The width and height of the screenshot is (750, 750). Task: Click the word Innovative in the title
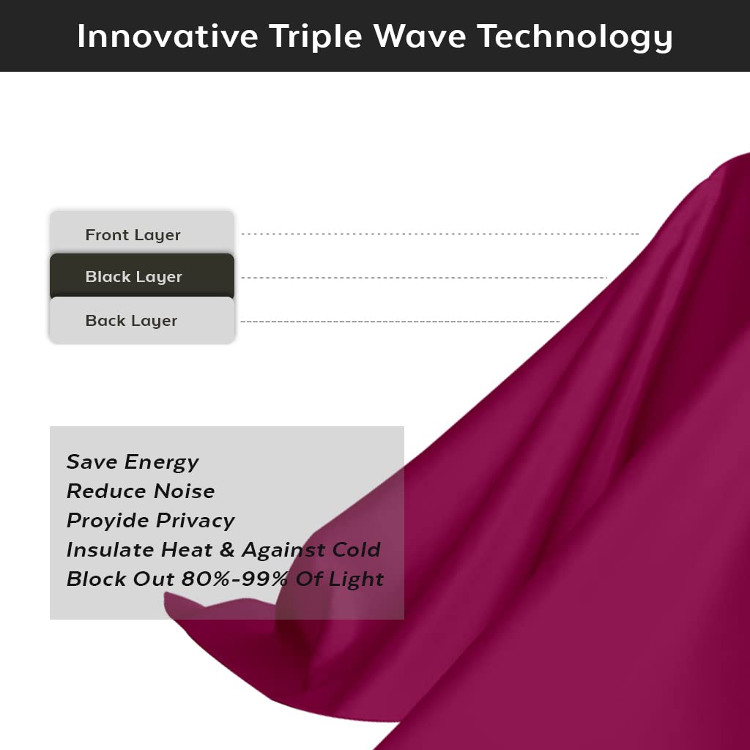click(168, 37)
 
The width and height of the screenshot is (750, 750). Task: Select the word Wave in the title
click(420, 37)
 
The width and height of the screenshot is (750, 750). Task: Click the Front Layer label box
click(142, 233)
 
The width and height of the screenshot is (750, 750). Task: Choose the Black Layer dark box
click(142, 276)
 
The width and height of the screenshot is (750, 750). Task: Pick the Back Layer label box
click(142, 319)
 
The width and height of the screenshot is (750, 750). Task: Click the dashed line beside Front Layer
click(440, 234)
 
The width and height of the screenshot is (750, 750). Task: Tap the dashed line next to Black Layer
click(424, 278)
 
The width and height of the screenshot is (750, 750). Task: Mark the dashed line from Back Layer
click(400, 322)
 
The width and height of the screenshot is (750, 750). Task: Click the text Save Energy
click(133, 463)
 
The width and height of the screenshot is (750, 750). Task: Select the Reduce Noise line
click(141, 491)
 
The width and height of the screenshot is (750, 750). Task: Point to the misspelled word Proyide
click(108, 521)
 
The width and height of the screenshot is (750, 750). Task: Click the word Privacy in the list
click(196, 521)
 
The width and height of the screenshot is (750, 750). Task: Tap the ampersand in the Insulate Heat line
click(227, 550)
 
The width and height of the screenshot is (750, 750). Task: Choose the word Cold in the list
click(357, 550)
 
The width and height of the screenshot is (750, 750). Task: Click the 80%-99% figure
click(234, 579)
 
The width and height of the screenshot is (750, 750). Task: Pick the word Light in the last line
click(356, 580)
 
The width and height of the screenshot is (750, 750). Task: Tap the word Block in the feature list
click(96, 579)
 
